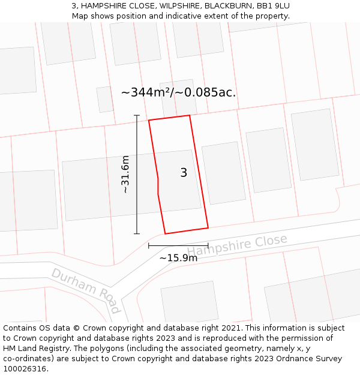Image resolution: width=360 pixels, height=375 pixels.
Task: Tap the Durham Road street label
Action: (85, 290)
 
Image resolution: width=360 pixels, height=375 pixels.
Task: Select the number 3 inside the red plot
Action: (184, 173)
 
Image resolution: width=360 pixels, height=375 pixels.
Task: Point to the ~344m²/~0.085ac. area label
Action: (178, 92)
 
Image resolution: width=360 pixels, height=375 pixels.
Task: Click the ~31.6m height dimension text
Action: (125, 174)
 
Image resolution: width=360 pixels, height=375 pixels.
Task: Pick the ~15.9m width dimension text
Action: (178, 258)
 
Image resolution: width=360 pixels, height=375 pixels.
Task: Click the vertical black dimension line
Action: (137, 174)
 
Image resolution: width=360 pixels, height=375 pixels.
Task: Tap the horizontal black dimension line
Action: (178, 245)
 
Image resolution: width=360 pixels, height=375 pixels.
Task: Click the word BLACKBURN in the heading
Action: (230, 5)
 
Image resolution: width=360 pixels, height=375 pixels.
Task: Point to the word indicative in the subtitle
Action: (179, 16)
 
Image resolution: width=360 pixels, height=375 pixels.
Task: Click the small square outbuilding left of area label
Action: (105, 99)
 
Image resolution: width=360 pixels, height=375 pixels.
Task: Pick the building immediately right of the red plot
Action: (223, 173)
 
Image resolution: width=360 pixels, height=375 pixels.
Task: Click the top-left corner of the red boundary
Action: (149, 121)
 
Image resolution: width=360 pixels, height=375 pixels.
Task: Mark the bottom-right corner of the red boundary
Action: (208, 227)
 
